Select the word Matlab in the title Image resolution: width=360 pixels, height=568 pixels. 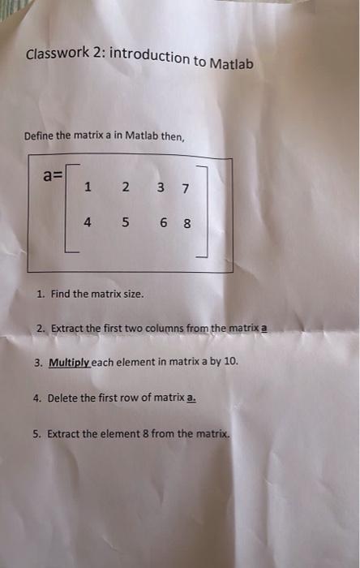[232, 63]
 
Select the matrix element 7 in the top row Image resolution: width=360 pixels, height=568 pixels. [186, 189]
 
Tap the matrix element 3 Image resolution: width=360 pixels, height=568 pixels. [162, 189]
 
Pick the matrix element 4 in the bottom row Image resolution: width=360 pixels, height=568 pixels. [87, 222]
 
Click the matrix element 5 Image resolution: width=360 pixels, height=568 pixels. [125, 222]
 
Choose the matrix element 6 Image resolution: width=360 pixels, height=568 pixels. [163, 223]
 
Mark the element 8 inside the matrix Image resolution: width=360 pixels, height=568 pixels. [186, 224]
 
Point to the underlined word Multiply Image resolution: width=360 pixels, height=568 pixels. [68, 363]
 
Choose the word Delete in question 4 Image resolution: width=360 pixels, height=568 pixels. [63, 398]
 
